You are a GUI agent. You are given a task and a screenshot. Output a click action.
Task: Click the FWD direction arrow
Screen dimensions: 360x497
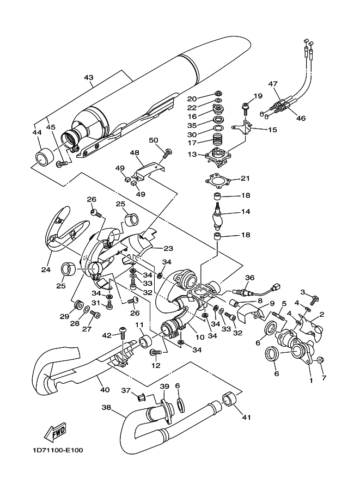coord(56,432)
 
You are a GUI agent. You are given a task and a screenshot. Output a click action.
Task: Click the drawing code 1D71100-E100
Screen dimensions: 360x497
coord(57,450)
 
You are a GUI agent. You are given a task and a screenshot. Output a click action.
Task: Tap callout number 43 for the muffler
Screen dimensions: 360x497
coord(89,77)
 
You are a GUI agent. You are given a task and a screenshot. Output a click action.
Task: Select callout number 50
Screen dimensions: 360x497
coord(154,140)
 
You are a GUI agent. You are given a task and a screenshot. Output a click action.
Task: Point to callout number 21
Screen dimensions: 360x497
coord(245,178)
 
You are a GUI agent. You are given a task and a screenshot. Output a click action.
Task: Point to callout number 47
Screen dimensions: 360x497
coord(273,84)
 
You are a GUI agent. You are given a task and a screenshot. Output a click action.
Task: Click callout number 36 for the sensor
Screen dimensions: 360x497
coord(250,278)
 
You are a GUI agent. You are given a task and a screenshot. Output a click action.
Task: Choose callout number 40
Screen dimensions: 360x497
coord(105,389)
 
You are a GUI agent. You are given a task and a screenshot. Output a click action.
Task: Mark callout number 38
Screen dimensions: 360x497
coord(107,407)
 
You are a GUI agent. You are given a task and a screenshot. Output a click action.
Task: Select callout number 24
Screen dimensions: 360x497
coord(46,270)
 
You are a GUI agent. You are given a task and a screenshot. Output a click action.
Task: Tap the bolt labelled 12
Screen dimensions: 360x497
coord(155,352)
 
